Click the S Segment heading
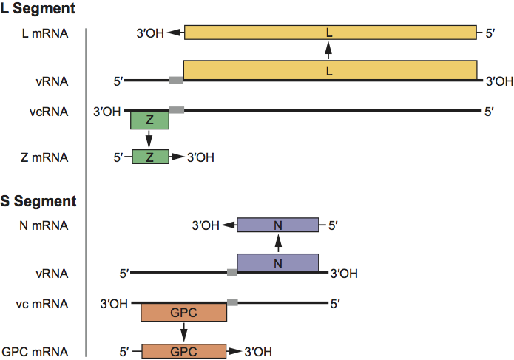pyautogui.click(x=38, y=200)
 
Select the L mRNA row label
pyautogui.click(x=46, y=33)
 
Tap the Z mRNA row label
pyautogui.click(x=46, y=157)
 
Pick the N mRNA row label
pyautogui.click(x=46, y=225)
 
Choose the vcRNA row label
pyautogui.click(x=51, y=112)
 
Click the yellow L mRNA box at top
pyautogui.click(x=330, y=33)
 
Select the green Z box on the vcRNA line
pyautogui.click(x=149, y=120)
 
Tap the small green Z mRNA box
pyautogui.click(x=150, y=157)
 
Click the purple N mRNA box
pyautogui.click(x=277, y=225)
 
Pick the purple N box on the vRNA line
pyautogui.click(x=277, y=262)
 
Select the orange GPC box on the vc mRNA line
pyautogui.click(x=183, y=312)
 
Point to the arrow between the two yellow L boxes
pyautogui.click(x=330, y=51)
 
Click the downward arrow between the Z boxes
pyautogui.click(x=149, y=139)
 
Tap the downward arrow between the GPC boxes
pyautogui.click(x=183, y=332)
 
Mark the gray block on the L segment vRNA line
pyautogui.click(x=176, y=80)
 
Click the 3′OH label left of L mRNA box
pyautogui.click(x=151, y=33)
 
